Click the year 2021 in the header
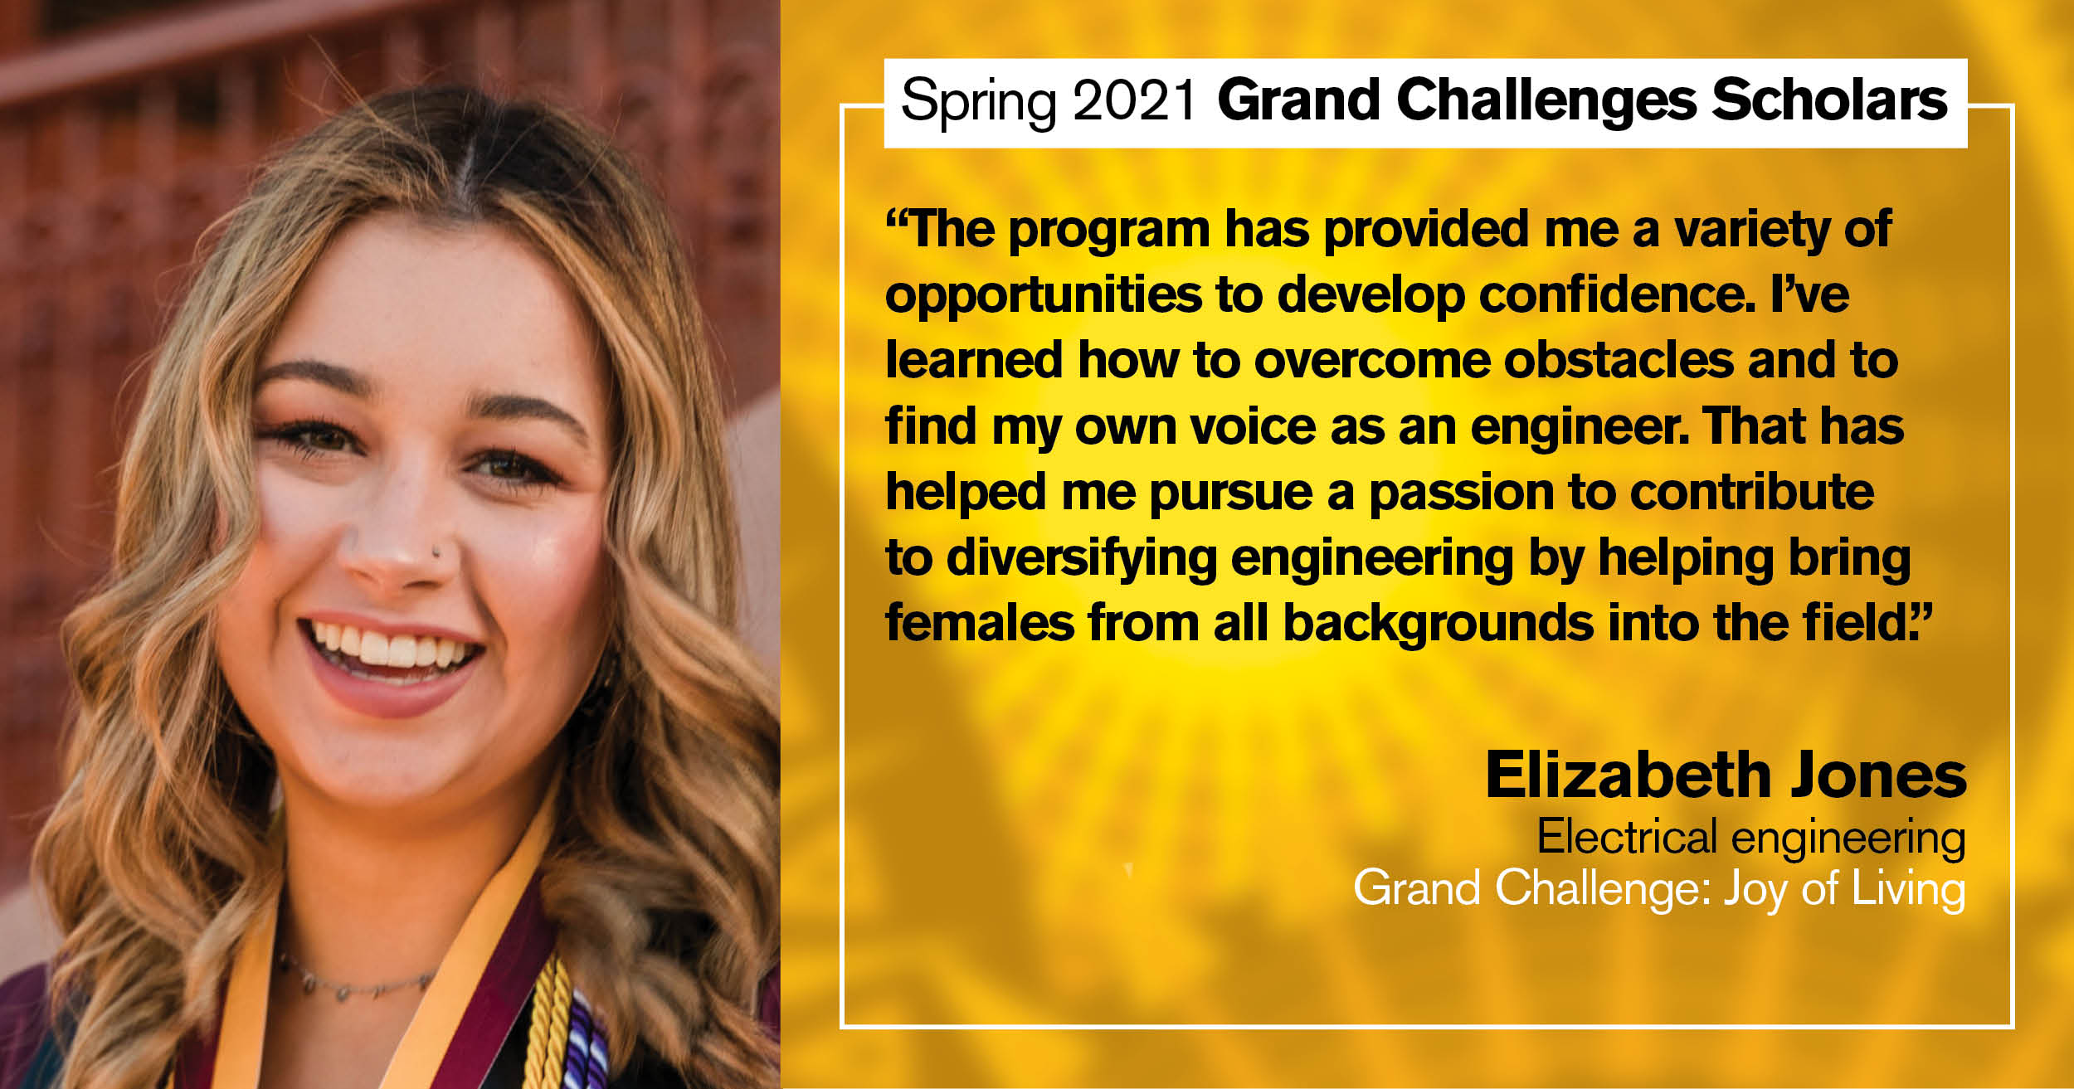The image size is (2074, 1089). pos(1133,100)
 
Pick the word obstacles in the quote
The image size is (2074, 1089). pos(1619,360)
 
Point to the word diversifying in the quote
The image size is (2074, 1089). pos(1082,558)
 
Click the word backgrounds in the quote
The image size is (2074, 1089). pos(1439,624)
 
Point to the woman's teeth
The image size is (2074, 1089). pos(388,646)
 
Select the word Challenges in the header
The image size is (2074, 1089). pos(1546,101)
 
